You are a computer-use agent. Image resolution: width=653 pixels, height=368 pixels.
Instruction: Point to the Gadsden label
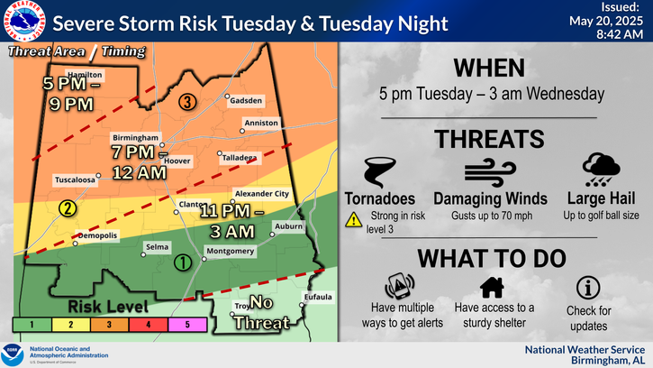[x=246, y=100]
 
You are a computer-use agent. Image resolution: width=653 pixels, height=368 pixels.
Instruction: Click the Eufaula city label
[x=317, y=297]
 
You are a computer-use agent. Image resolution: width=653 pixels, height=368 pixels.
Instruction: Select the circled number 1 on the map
[x=181, y=263]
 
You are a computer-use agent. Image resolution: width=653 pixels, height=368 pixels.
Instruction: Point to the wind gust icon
[x=490, y=172]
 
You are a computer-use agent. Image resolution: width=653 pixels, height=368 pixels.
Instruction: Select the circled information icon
[x=587, y=288]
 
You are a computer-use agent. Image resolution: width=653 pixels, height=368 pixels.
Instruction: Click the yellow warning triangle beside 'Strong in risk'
[x=353, y=217]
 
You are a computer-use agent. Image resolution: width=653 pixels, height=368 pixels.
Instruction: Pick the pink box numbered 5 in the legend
[x=187, y=322]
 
